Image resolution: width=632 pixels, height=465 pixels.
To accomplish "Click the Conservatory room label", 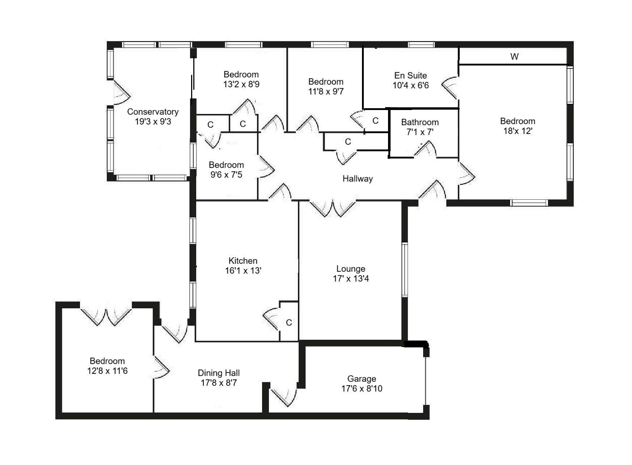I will (x=153, y=112).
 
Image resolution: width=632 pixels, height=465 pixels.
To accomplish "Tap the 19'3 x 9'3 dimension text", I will (x=153, y=122).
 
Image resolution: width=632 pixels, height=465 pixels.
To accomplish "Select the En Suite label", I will (x=410, y=76).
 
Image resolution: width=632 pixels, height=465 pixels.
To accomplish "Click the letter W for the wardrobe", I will (x=514, y=56).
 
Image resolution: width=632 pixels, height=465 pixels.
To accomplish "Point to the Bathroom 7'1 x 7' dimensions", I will (x=420, y=132).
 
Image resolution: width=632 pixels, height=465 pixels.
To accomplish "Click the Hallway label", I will (x=358, y=179).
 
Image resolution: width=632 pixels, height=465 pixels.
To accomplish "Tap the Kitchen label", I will (x=243, y=261).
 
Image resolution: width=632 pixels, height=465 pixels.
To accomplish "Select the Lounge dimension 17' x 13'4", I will (x=351, y=279).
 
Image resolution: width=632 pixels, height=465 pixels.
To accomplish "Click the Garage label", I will (x=362, y=379).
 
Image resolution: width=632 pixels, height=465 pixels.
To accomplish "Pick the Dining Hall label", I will (x=219, y=373).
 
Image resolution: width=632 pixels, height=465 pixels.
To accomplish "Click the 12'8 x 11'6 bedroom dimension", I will (x=107, y=371).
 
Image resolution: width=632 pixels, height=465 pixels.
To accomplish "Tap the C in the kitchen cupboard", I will (x=289, y=323).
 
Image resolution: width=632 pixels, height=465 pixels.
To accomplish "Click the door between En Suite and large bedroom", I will (x=451, y=88).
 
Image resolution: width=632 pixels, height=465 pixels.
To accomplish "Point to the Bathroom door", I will (x=426, y=150).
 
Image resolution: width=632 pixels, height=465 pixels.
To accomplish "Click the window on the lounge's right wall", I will (x=405, y=270).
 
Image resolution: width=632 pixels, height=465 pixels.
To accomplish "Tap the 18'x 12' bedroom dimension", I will (x=518, y=131).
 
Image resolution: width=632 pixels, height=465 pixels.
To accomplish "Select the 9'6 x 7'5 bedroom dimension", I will (x=226, y=175).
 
